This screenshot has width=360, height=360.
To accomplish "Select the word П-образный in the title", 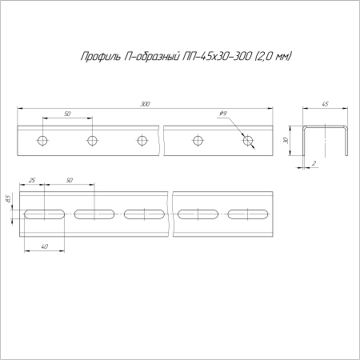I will [x=145, y=57].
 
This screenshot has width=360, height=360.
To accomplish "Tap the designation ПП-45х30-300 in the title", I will [x=215, y=57].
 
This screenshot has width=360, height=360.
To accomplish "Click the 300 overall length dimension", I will [x=145, y=104].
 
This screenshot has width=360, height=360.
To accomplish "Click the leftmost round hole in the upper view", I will [x=42, y=141].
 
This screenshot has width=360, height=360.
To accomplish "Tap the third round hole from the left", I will [x=142, y=141].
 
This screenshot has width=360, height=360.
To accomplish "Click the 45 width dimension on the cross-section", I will [x=326, y=104].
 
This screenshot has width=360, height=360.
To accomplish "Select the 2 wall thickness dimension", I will [x=316, y=163].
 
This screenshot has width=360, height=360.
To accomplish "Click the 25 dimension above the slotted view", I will [x=32, y=181].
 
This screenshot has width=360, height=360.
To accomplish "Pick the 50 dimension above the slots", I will [x=70, y=181].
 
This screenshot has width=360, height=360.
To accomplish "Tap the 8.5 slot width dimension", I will [x=9, y=198].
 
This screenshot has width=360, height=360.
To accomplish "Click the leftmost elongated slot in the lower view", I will [x=46, y=214].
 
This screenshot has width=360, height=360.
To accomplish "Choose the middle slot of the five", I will [x=145, y=214].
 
